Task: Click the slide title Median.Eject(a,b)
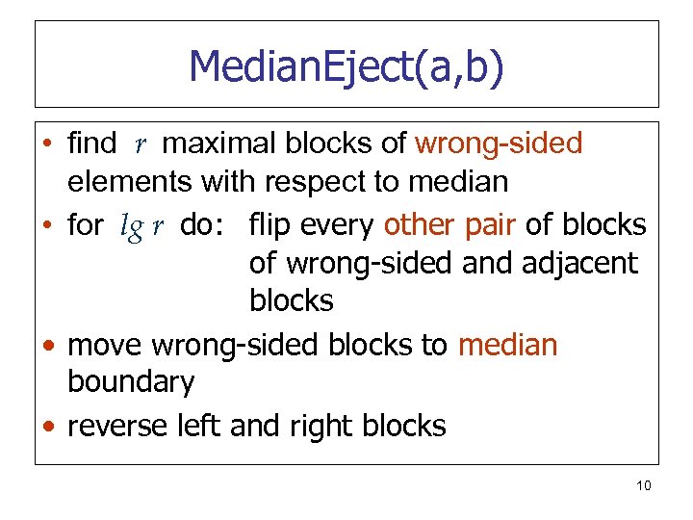click(346, 67)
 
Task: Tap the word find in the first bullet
click(91, 144)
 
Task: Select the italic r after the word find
click(141, 145)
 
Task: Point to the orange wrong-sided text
click(499, 144)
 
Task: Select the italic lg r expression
click(141, 226)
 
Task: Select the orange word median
click(507, 345)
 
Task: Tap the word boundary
click(131, 382)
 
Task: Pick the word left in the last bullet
click(207, 426)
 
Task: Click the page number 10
click(643, 485)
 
